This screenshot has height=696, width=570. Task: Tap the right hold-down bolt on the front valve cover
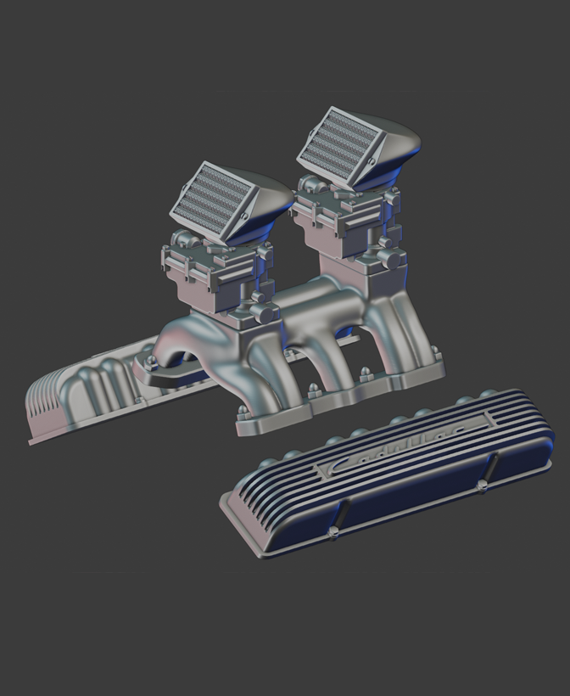coord(482,485)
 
